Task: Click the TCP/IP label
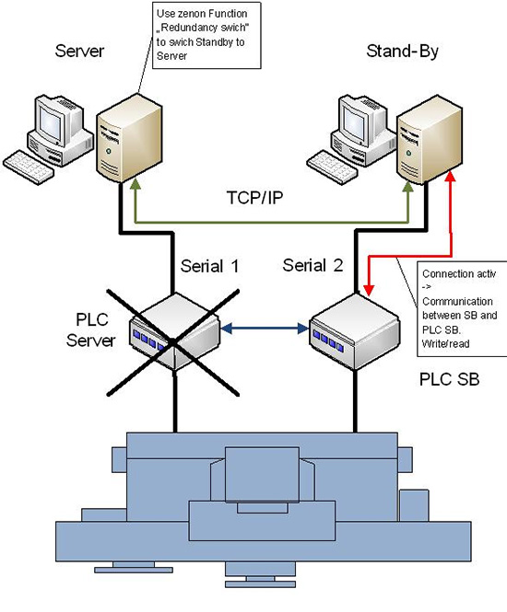[254, 198]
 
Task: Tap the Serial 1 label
[209, 266]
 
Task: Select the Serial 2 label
[312, 265]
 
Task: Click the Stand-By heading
[402, 52]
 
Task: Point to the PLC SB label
[449, 379]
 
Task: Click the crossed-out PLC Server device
[175, 331]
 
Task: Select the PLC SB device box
[355, 331]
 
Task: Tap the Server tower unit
[129, 139]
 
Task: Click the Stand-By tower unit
[430, 140]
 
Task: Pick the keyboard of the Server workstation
[29, 167]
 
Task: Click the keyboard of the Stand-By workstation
[332, 167]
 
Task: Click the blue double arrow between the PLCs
[265, 329]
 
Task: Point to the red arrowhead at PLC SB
[369, 290]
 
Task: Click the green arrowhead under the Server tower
[136, 185]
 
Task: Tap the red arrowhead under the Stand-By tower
[451, 176]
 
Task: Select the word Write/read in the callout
[445, 344]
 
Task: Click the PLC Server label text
[91, 329]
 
